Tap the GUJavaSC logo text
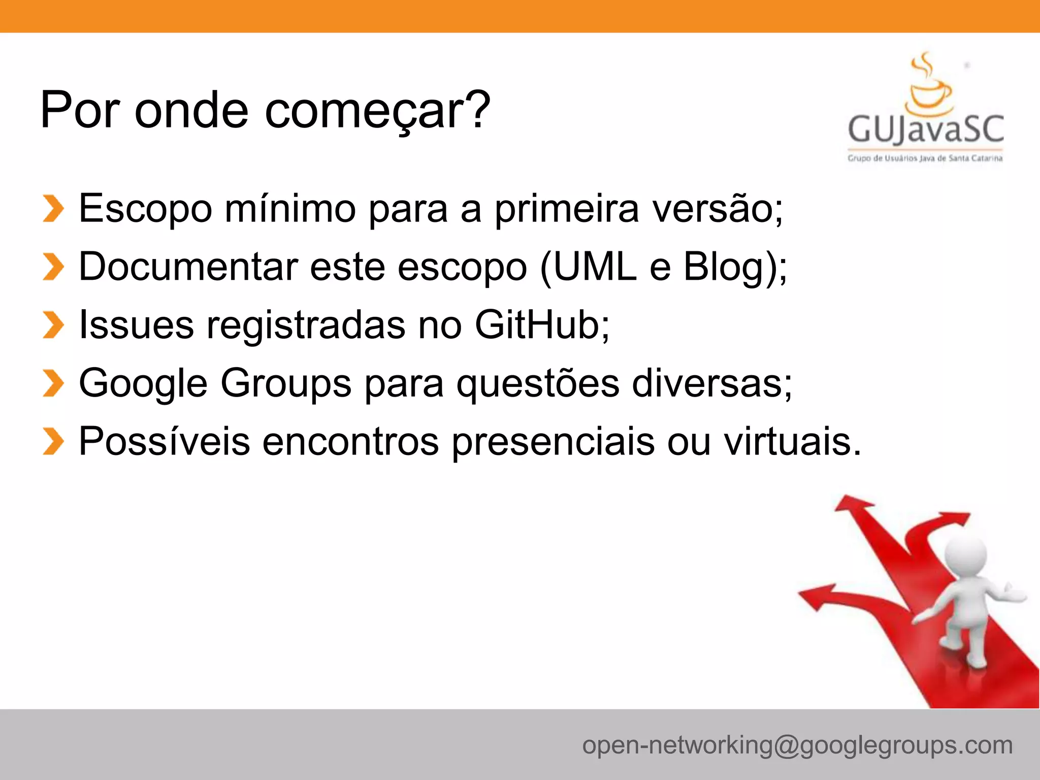[x=925, y=129]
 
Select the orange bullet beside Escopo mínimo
[x=53, y=209]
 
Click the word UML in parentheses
[x=594, y=267]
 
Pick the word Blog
[x=723, y=267]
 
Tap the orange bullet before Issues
[x=53, y=325]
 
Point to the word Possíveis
[x=165, y=441]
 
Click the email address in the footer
[x=797, y=745]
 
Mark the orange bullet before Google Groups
[x=53, y=383]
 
